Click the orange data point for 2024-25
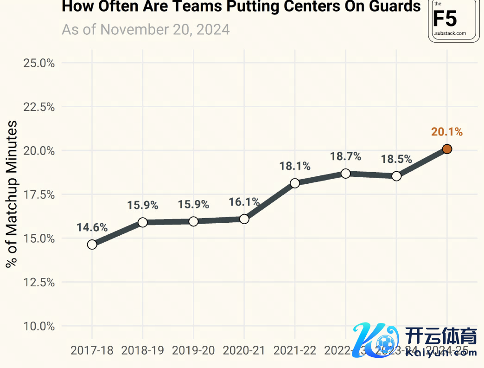pyautogui.click(x=447, y=149)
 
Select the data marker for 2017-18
pyautogui.click(x=92, y=244)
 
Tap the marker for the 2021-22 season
pyautogui.click(x=295, y=183)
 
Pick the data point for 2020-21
pyautogui.click(x=244, y=219)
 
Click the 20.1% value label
pyautogui.click(x=447, y=132)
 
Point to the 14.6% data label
pyautogui.click(x=92, y=228)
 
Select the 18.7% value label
pyautogui.click(x=345, y=157)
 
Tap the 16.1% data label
pyautogui.click(x=244, y=202)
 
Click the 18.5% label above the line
pyautogui.click(x=396, y=159)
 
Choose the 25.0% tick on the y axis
pyautogui.click(x=39, y=63)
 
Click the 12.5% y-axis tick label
pyautogui.click(x=39, y=282)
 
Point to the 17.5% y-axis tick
pyautogui.click(x=39, y=194)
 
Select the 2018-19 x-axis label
pyautogui.click(x=142, y=351)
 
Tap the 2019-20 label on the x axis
pyautogui.click(x=193, y=351)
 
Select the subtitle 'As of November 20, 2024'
pyautogui.click(x=146, y=30)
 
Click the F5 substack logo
pyautogui.click(x=453, y=20)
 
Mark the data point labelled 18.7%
pyautogui.click(x=345, y=174)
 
